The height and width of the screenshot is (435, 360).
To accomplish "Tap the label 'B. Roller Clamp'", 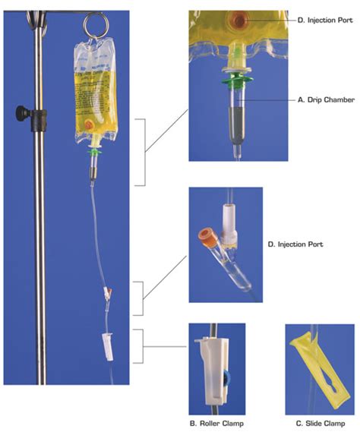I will (x=217, y=421).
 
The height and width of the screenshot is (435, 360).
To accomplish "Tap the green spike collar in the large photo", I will (x=93, y=151).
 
